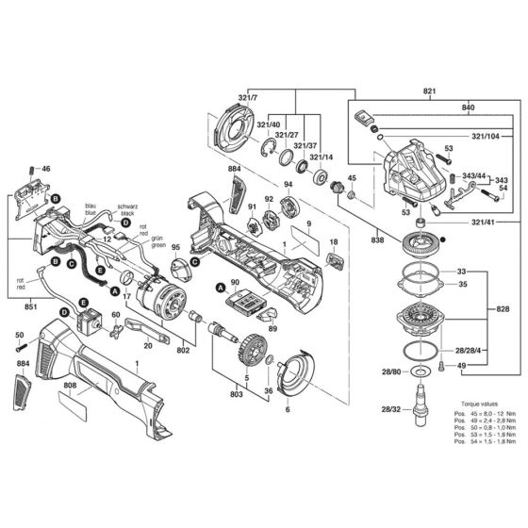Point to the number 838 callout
(378, 240)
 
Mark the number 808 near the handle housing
(70, 385)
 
